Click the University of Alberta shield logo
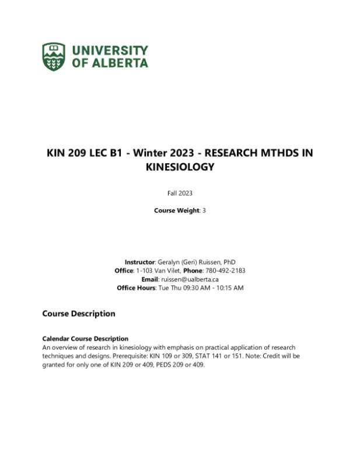(54, 56)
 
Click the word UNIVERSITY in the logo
(110, 50)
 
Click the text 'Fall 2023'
(179, 193)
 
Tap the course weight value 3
(204, 211)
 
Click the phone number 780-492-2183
(226, 271)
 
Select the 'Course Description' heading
(79, 314)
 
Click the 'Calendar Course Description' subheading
(85, 339)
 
